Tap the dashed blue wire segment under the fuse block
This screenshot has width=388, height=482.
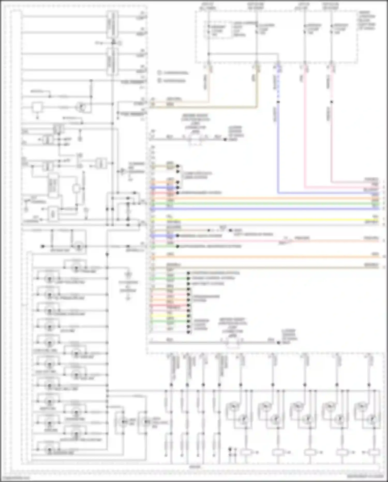(x=278, y=83)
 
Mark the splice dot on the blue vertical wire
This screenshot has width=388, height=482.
(x=278, y=102)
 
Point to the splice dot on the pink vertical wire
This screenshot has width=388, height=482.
(x=332, y=102)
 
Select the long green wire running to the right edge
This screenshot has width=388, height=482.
(x=259, y=204)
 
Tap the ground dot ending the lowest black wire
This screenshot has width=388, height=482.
(x=279, y=343)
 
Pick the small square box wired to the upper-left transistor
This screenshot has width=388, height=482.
(x=37, y=107)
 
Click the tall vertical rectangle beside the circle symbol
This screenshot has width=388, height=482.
(x=53, y=185)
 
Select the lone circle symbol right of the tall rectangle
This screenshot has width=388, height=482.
(x=76, y=189)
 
